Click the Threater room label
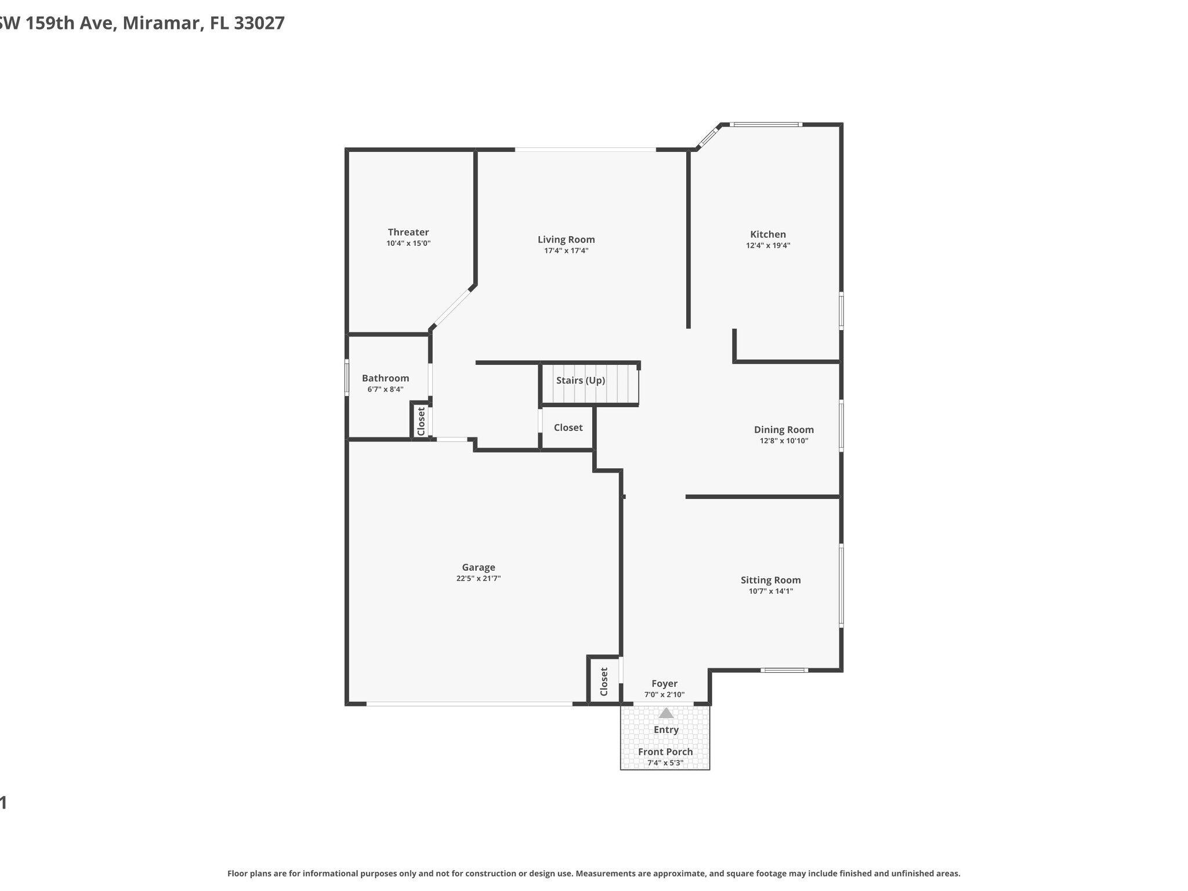(408, 232)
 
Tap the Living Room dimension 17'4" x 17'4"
(566, 251)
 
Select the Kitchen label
(768, 234)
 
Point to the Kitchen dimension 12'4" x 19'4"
(768, 245)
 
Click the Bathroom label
(385, 378)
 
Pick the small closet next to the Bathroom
(421, 421)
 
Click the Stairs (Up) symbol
(589, 383)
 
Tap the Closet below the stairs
(568, 428)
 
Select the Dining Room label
(784, 430)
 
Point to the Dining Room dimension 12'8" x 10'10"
(784, 441)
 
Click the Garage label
(479, 567)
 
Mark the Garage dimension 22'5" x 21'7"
(479, 578)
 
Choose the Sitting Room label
(770, 580)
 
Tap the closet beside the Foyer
(603, 682)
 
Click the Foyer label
(664, 684)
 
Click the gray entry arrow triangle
(666, 713)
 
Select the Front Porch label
(665, 752)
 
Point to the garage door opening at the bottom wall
(469, 704)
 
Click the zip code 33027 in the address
(259, 23)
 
